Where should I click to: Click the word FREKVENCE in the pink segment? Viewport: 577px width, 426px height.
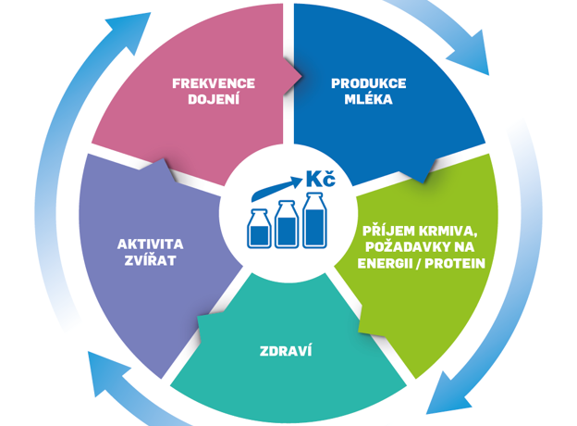click(x=214, y=83)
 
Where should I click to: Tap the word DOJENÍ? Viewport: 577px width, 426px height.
click(x=214, y=99)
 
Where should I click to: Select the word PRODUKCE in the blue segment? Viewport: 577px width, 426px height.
click(x=369, y=83)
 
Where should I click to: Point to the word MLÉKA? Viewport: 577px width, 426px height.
click(x=369, y=99)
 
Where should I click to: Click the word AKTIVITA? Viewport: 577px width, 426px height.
click(x=151, y=244)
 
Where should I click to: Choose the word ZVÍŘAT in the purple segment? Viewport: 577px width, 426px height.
click(x=150, y=260)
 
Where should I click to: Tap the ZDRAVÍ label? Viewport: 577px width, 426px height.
click(x=286, y=351)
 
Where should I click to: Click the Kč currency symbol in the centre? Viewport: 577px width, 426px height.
click(x=321, y=179)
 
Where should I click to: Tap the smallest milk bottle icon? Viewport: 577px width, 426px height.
click(x=259, y=229)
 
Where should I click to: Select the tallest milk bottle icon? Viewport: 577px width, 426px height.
click(x=314, y=220)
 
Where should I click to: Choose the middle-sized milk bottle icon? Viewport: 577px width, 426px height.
click(x=287, y=224)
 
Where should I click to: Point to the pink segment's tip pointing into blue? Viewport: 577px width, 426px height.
click(x=301, y=77)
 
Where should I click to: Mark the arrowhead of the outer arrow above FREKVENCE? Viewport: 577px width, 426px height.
click(x=130, y=31)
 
